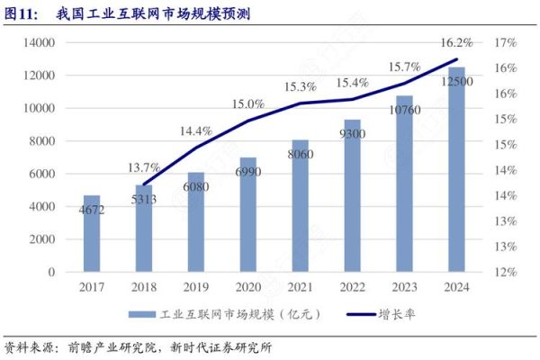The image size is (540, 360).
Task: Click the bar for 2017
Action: (92, 234)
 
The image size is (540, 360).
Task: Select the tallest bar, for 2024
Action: (456, 171)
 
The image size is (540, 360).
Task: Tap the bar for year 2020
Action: (247, 216)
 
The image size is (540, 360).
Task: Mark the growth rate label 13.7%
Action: (144, 167)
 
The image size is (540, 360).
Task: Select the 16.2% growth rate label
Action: (457, 42)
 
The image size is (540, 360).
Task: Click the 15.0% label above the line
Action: (247, 104)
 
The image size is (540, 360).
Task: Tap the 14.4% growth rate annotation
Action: (196, 130)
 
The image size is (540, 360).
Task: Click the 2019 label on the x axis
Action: (195, 289)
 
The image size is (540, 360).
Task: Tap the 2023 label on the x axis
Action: (404, 289)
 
